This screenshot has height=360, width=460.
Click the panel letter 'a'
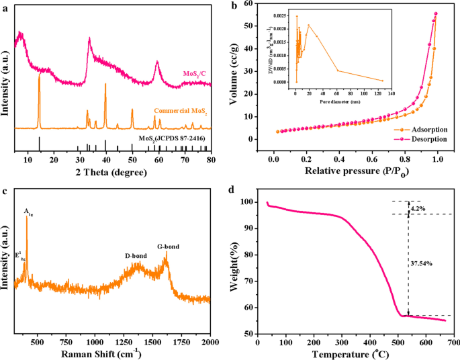pos(5,6)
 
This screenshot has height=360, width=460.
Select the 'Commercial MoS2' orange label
pos(179,110)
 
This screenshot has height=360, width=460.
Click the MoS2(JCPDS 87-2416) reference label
pos(172,138)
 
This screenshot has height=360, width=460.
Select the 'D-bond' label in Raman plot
pos(137,256)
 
